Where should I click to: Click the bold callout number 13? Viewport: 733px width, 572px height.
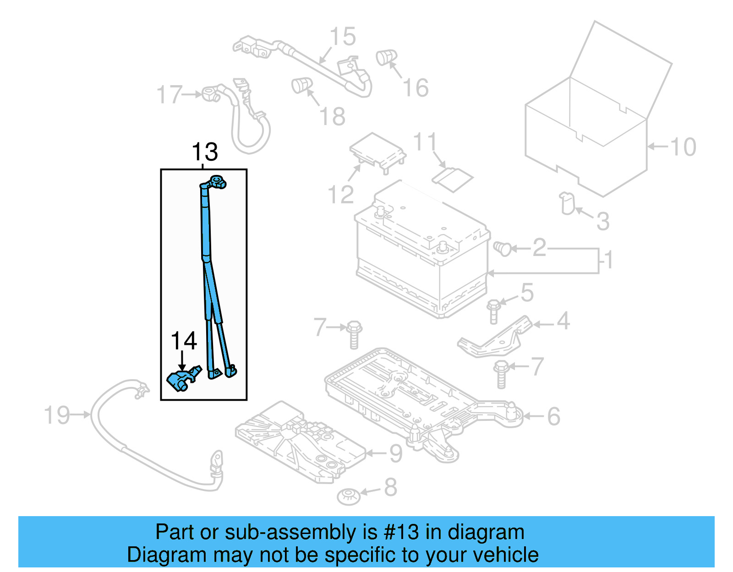[205, 152]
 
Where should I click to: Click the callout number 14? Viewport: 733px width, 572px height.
[183, 341]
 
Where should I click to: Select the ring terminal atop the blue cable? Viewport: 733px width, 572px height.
[217, 182]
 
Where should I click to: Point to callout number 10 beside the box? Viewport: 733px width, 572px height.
[683, 147]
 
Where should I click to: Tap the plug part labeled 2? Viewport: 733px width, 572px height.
[503, 249]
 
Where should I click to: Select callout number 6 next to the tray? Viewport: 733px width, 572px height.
[553, 416]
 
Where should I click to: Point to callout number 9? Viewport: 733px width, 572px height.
[395, 453]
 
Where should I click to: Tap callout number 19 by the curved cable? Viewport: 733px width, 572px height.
[57, 415]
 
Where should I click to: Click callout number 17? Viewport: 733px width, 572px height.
[170, 95]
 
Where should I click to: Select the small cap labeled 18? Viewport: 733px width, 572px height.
[301, 85]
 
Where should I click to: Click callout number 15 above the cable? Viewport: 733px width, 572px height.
[343, 37]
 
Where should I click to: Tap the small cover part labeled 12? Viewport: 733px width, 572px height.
[377, 150]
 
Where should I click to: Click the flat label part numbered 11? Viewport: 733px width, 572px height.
[453, 179]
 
